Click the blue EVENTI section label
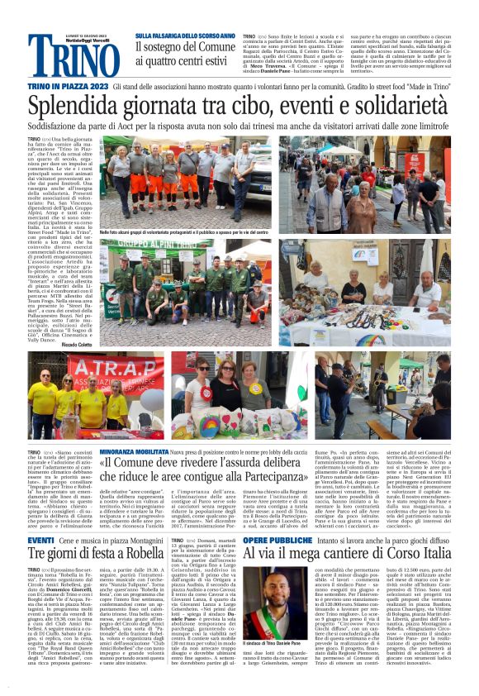[41, 540]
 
